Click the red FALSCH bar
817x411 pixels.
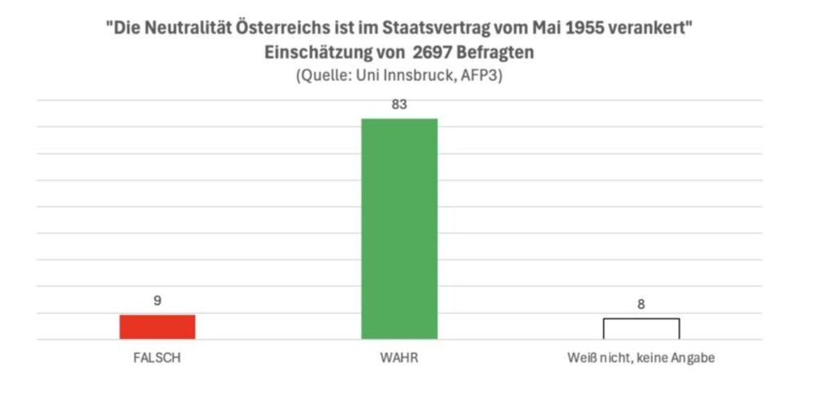point(158,327)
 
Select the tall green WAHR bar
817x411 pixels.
point(400,229)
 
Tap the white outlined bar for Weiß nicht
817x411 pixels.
point(641,328)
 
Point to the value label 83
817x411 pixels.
point(400,105)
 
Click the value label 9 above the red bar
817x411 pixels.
point(158,301)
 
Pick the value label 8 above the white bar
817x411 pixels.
point(641,304)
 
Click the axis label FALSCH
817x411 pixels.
point(158,358)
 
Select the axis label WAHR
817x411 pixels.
point(400,358)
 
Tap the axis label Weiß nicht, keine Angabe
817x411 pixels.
point(641,358)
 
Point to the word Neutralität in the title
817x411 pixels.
point(181,28)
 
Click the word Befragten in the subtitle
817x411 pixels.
point(500,52)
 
